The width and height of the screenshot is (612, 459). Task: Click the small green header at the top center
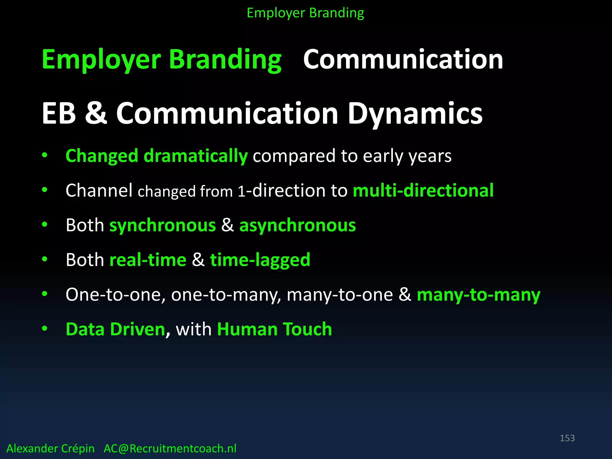[x=305, y=13]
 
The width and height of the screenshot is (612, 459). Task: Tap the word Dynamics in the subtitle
[x=415, y=114]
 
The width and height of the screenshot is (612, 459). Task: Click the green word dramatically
[x=195, y=156]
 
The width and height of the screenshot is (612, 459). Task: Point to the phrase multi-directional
[x=423, y=190]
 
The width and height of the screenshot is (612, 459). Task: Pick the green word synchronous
[x=163, y=225]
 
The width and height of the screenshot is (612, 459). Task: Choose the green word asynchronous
[x=297, y=225]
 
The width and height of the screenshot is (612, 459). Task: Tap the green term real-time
[x=148, y=260]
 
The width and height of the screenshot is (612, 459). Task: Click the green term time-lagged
[x=260, y=260]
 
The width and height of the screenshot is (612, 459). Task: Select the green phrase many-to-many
[x=478, y=295]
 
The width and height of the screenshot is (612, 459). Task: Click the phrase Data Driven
[x=115, y=329]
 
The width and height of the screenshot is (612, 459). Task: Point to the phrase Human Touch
[x=274, y=329]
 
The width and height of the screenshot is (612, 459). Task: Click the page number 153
[x=567, y=438]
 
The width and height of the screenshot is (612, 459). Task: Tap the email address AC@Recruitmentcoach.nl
[x=170, y=449]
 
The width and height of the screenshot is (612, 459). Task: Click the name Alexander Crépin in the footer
[x=50, y=449]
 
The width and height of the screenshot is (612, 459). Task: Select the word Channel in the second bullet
[x=99, y=190]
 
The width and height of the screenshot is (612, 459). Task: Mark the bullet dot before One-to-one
[x=45, y=294]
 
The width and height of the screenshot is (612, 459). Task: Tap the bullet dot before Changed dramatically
[x=45, y=155]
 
